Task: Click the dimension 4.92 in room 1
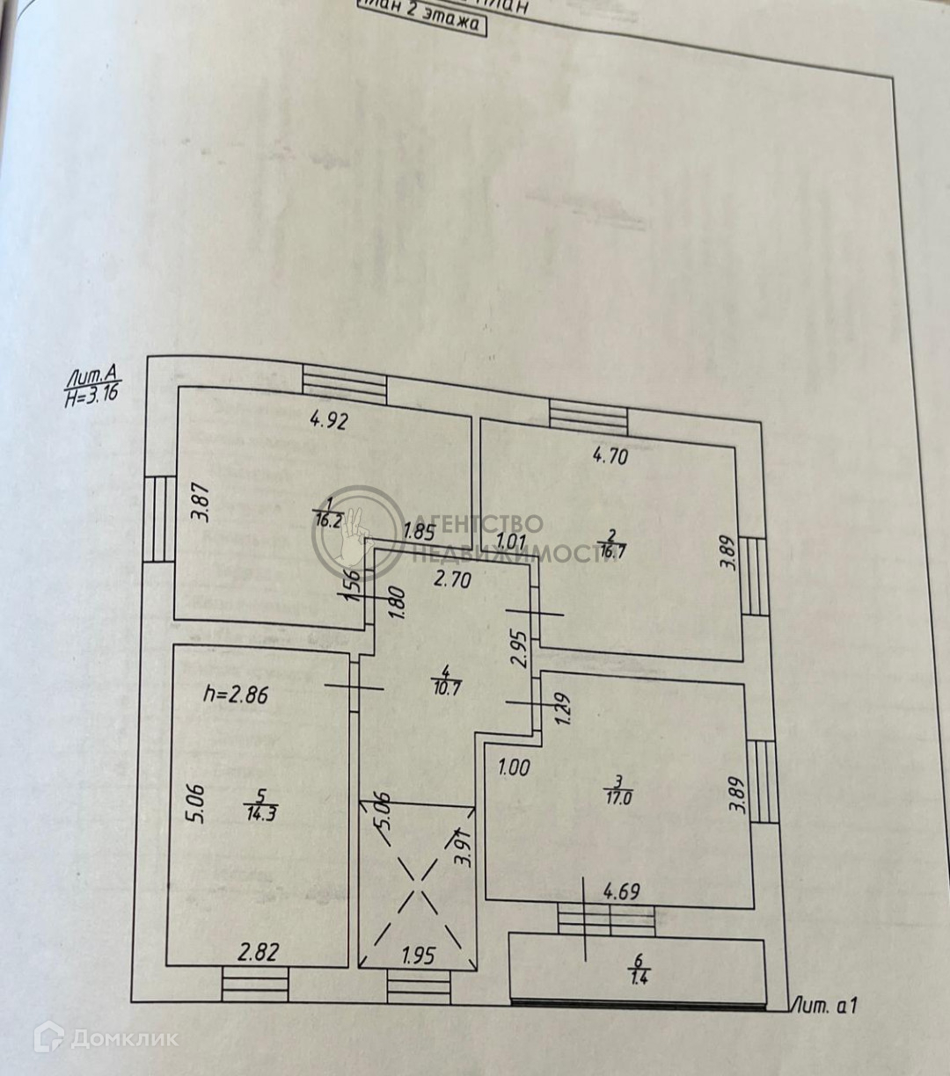pos(330,420)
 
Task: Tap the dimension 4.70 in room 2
pos(610,455)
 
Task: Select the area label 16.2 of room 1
pos(328,520)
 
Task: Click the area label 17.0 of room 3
pos(619,798)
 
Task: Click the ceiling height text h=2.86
pos(236,694)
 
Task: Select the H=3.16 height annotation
pos(92,395)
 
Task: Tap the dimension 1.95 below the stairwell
pos(418,955)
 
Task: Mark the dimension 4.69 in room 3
pos(621,892)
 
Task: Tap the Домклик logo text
pos(123,1038)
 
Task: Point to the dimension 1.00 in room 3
pos(514,767)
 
